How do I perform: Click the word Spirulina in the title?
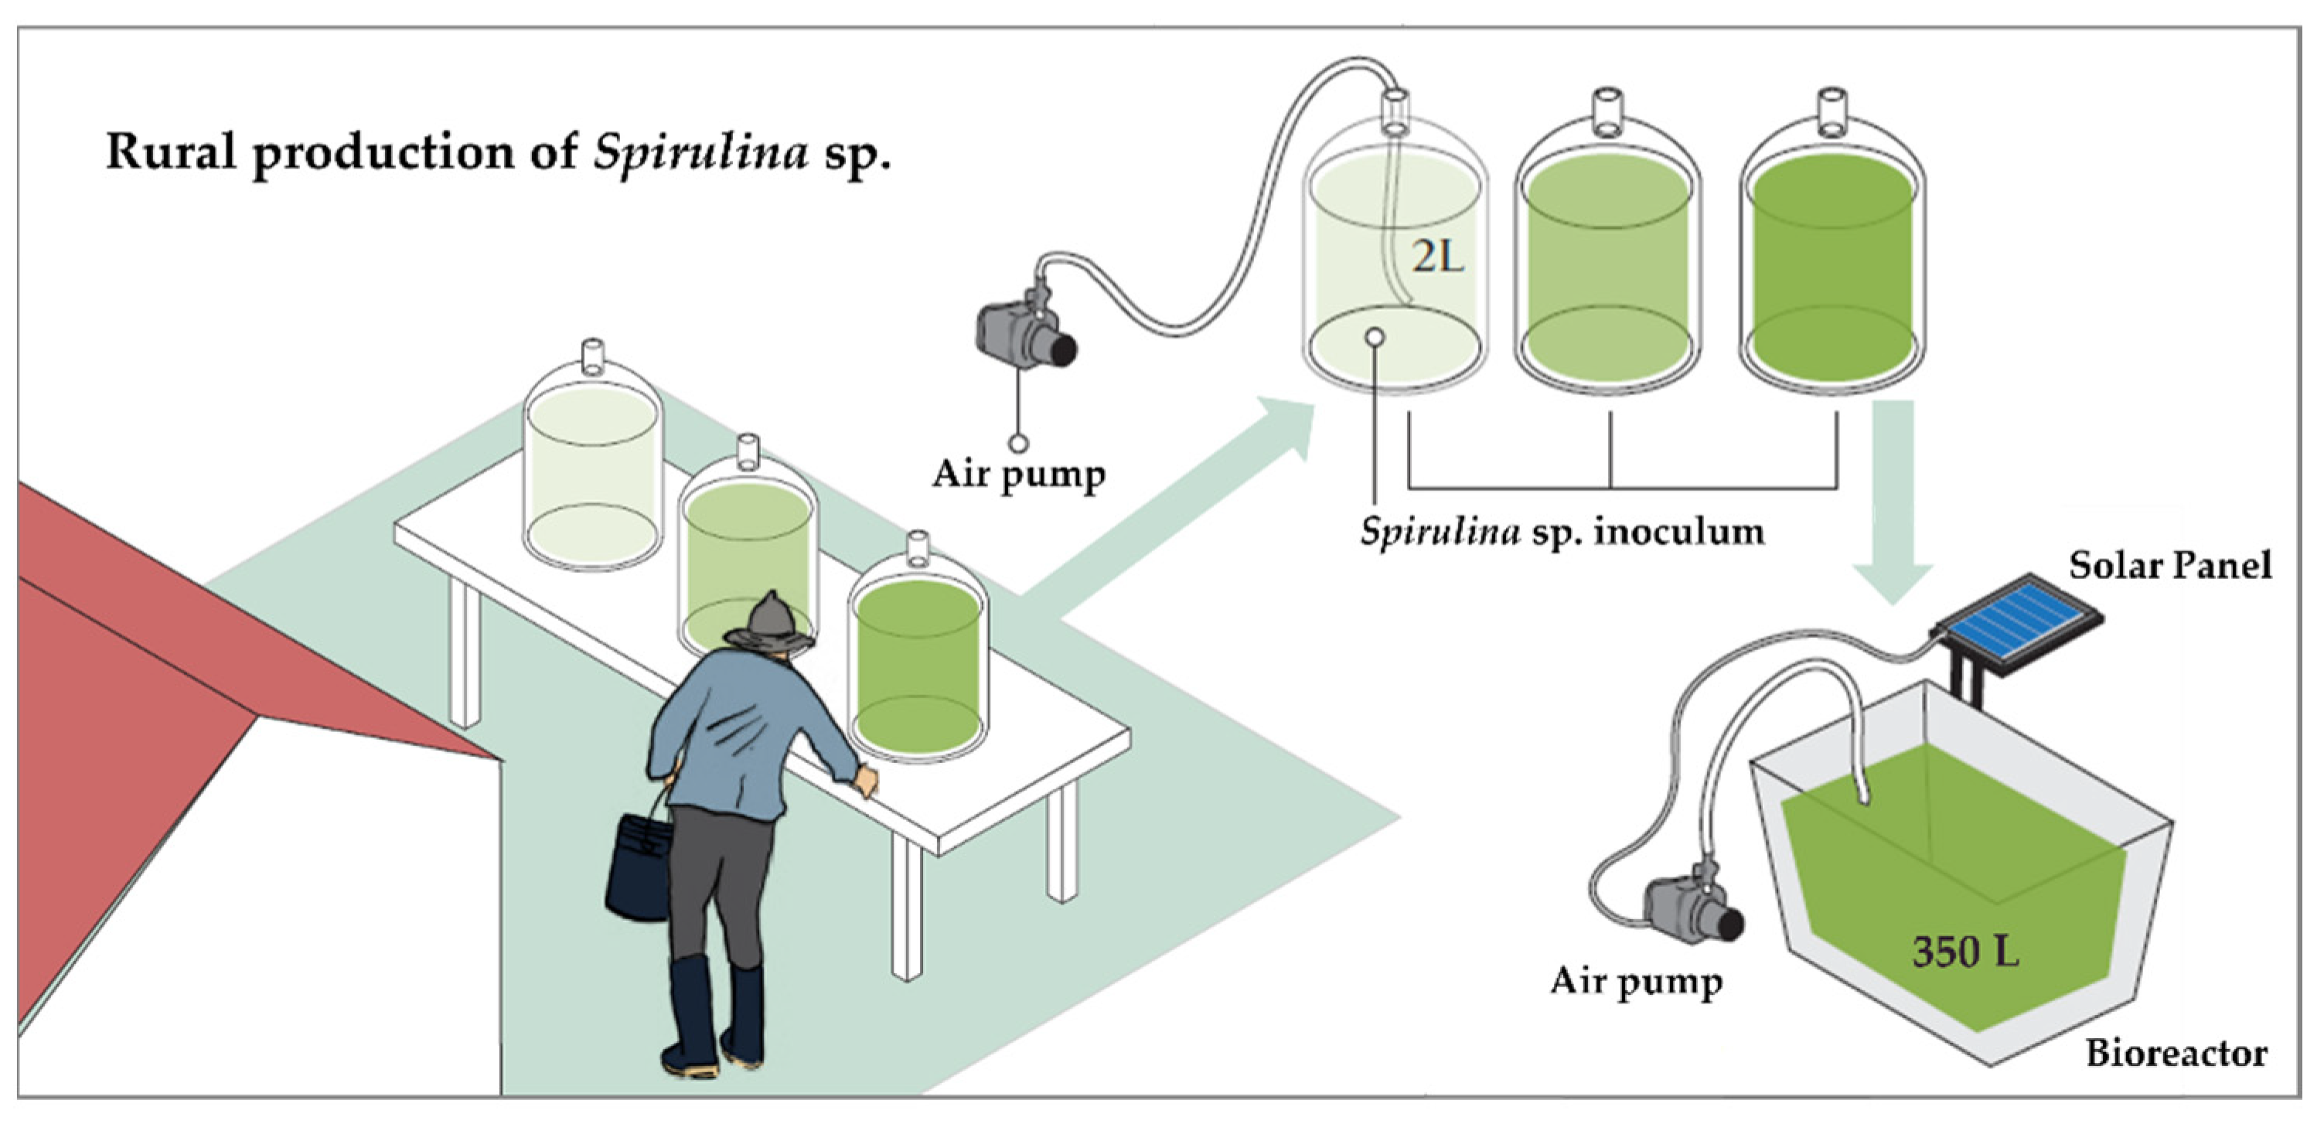[700, 152]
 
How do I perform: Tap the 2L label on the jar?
[1436, 258]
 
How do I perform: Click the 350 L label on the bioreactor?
[1965, 952]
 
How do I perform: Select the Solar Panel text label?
[2169, 566]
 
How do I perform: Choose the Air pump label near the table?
[1018, 475]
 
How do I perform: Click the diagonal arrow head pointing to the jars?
[1281, 428]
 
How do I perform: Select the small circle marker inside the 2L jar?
[1375, 337]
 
